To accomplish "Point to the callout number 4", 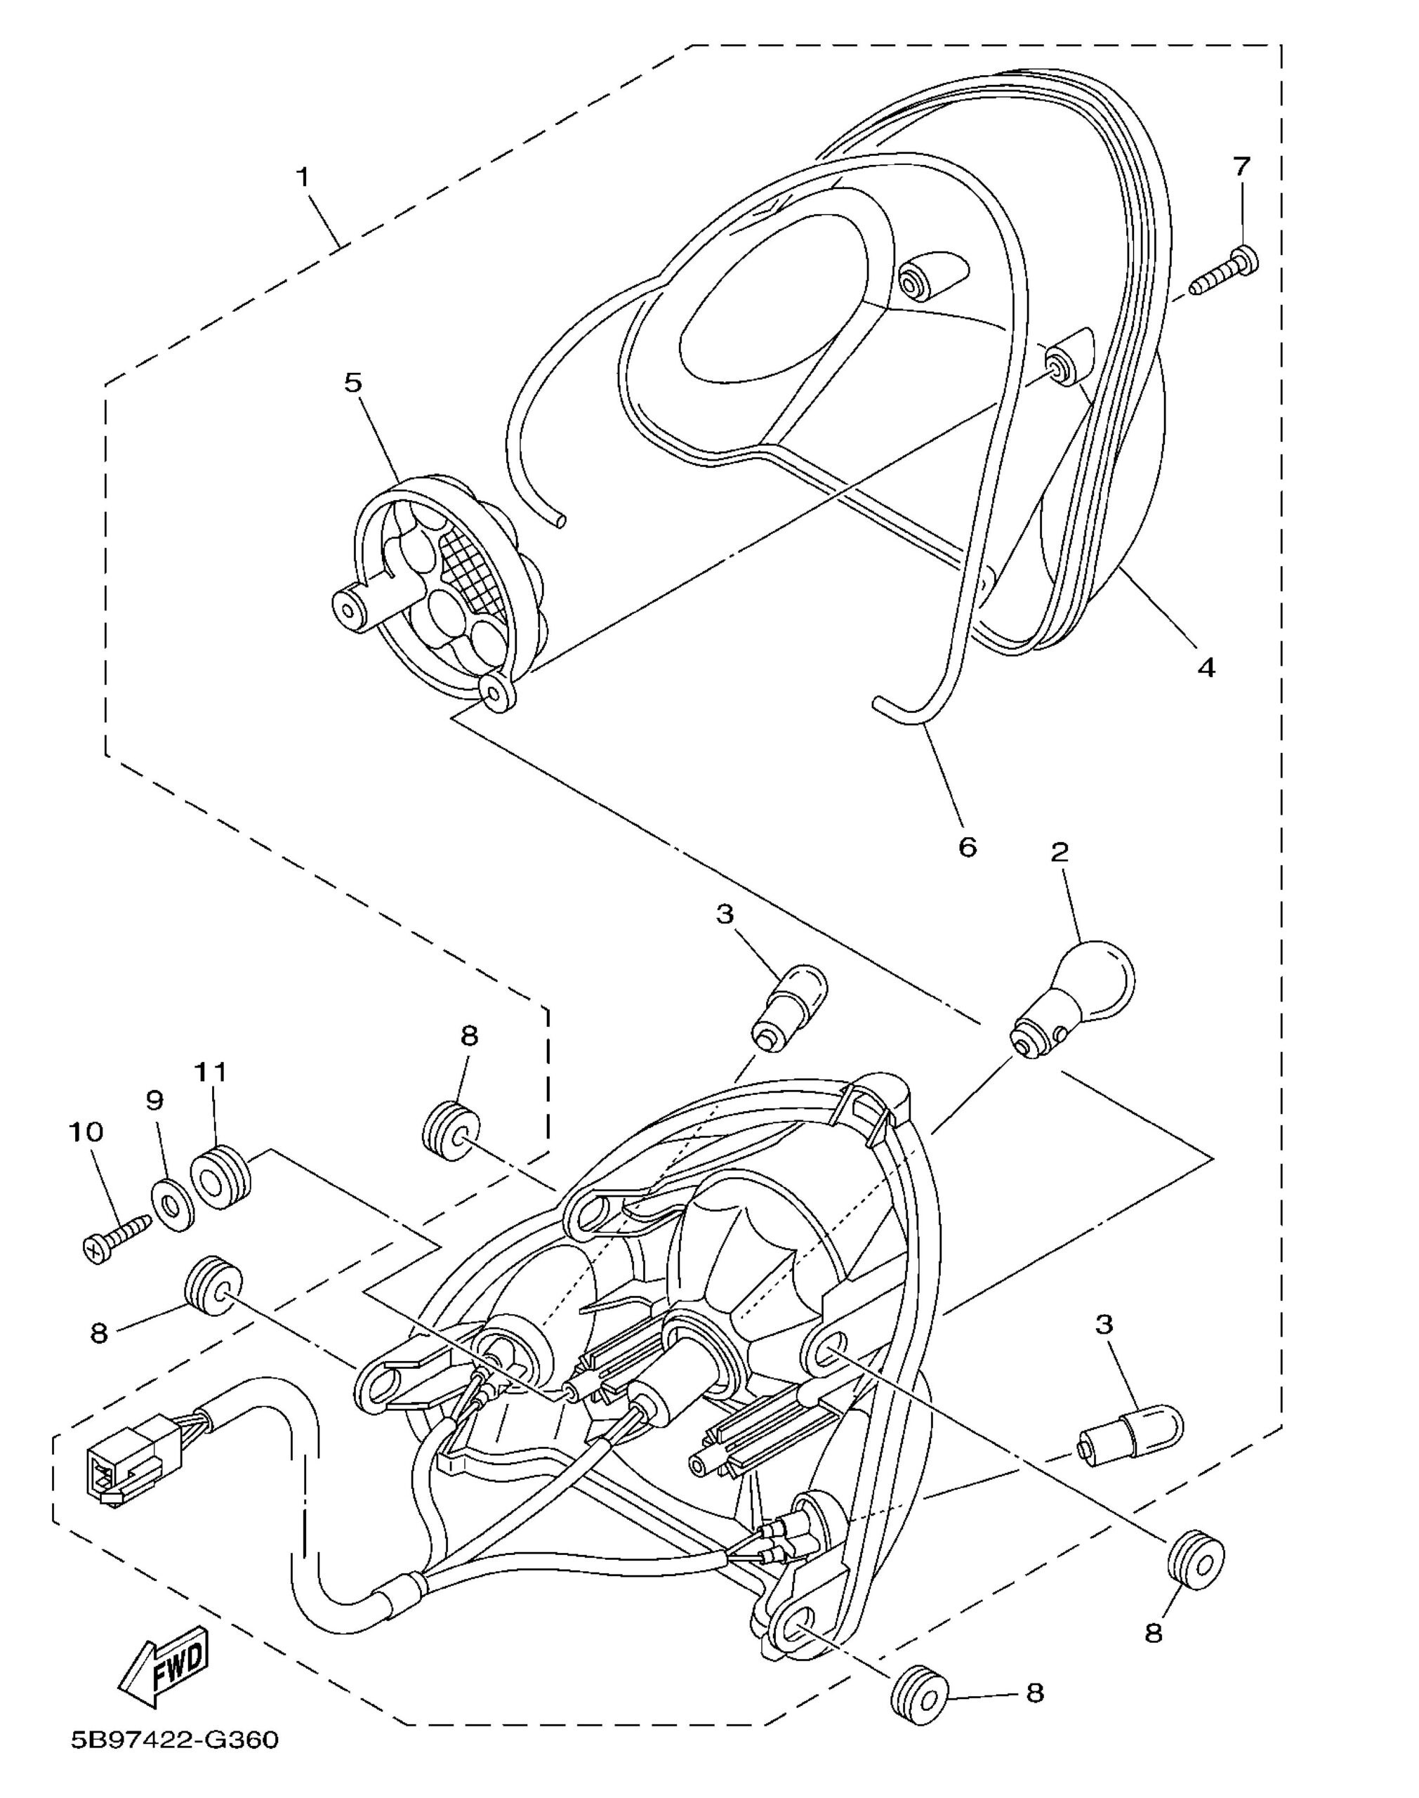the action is point(1206,667).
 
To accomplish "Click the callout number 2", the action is point(1060,853).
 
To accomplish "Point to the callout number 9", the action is point(154,1100).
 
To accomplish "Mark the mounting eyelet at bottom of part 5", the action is point(499,691).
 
